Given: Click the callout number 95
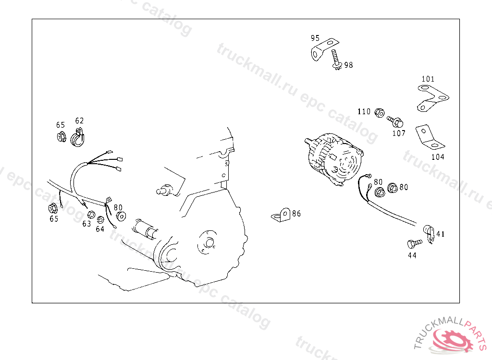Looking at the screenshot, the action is click(315, 38).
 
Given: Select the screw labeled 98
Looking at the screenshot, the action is click(336, 60).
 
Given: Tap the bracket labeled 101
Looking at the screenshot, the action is click(433, 98).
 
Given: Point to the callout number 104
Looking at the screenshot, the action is click(438, 157).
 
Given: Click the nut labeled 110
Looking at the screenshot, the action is click(380, 113).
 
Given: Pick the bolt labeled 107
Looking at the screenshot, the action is click(395, 121).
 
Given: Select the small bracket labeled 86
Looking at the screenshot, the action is click(281, 215).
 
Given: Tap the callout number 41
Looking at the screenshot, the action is click(441, 234).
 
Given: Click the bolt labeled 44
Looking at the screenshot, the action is click(415, 243).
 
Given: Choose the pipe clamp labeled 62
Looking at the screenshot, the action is click(77, 138).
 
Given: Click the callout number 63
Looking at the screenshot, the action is click(86, 224).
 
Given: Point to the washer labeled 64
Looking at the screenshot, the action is click(100, 219).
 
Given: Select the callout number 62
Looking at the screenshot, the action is click(79, 121).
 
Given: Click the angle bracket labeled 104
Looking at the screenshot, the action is click(429, 137).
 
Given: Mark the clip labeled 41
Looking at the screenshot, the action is click(429, 234).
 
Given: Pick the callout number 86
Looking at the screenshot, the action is click(296, 214).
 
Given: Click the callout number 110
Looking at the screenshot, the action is click(364, 112).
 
